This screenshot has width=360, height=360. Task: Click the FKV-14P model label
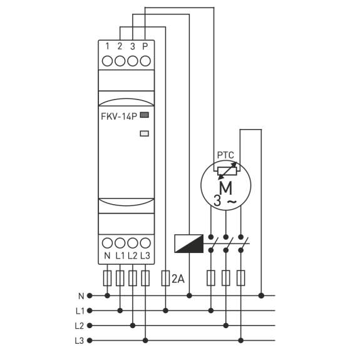click(119, 116)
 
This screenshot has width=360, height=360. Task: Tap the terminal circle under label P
click(145, 61)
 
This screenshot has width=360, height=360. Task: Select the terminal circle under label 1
click(107, 61)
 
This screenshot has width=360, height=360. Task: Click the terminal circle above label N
click(107, 243)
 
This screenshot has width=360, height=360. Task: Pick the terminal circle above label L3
click(145, 243)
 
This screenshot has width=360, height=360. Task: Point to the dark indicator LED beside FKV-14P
click(145, 115)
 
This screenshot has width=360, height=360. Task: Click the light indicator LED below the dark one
click(145, 133)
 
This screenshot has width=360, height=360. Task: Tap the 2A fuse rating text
click(178, 279)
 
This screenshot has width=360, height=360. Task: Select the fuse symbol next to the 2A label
click(165, 278)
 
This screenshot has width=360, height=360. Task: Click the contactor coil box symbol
click(189, 244)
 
